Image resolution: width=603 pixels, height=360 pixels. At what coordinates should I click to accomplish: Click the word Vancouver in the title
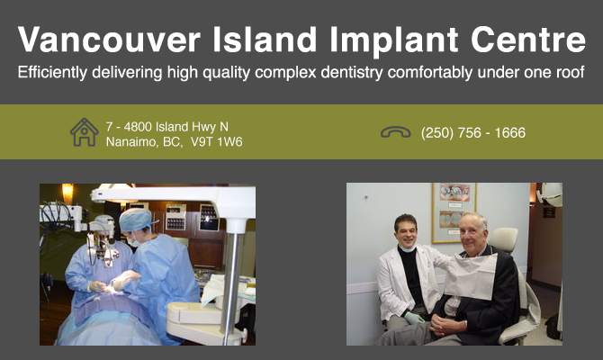click(109, 40)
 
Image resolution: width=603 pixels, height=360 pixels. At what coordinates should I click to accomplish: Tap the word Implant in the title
click(394, 41)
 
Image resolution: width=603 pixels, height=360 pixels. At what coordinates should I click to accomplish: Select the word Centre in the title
click(528, 40)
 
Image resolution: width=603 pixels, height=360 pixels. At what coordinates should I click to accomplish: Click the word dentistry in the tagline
click(352, 73)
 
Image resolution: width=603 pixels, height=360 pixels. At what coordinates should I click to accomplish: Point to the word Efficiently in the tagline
click(53, 73)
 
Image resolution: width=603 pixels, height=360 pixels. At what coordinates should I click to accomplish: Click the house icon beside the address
click(85, 132)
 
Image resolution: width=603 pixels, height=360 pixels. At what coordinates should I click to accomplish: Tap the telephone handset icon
click(396, 132)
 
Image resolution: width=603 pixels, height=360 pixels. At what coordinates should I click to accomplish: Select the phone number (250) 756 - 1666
click(473, 133)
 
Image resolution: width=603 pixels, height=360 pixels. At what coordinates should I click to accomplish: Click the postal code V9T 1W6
click(217, 142)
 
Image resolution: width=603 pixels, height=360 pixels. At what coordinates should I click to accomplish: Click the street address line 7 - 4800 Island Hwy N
click(167, 127)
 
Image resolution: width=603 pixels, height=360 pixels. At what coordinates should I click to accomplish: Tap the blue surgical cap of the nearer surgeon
click(135, 220)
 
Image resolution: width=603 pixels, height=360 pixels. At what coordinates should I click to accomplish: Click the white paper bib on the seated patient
click(471, 275)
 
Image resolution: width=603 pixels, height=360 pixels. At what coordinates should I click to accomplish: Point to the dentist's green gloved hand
click(414, 318)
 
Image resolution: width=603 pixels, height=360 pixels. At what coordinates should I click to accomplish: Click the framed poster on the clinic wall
click(454, 212)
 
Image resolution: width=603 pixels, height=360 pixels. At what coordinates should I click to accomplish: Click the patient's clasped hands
click(447, 326)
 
